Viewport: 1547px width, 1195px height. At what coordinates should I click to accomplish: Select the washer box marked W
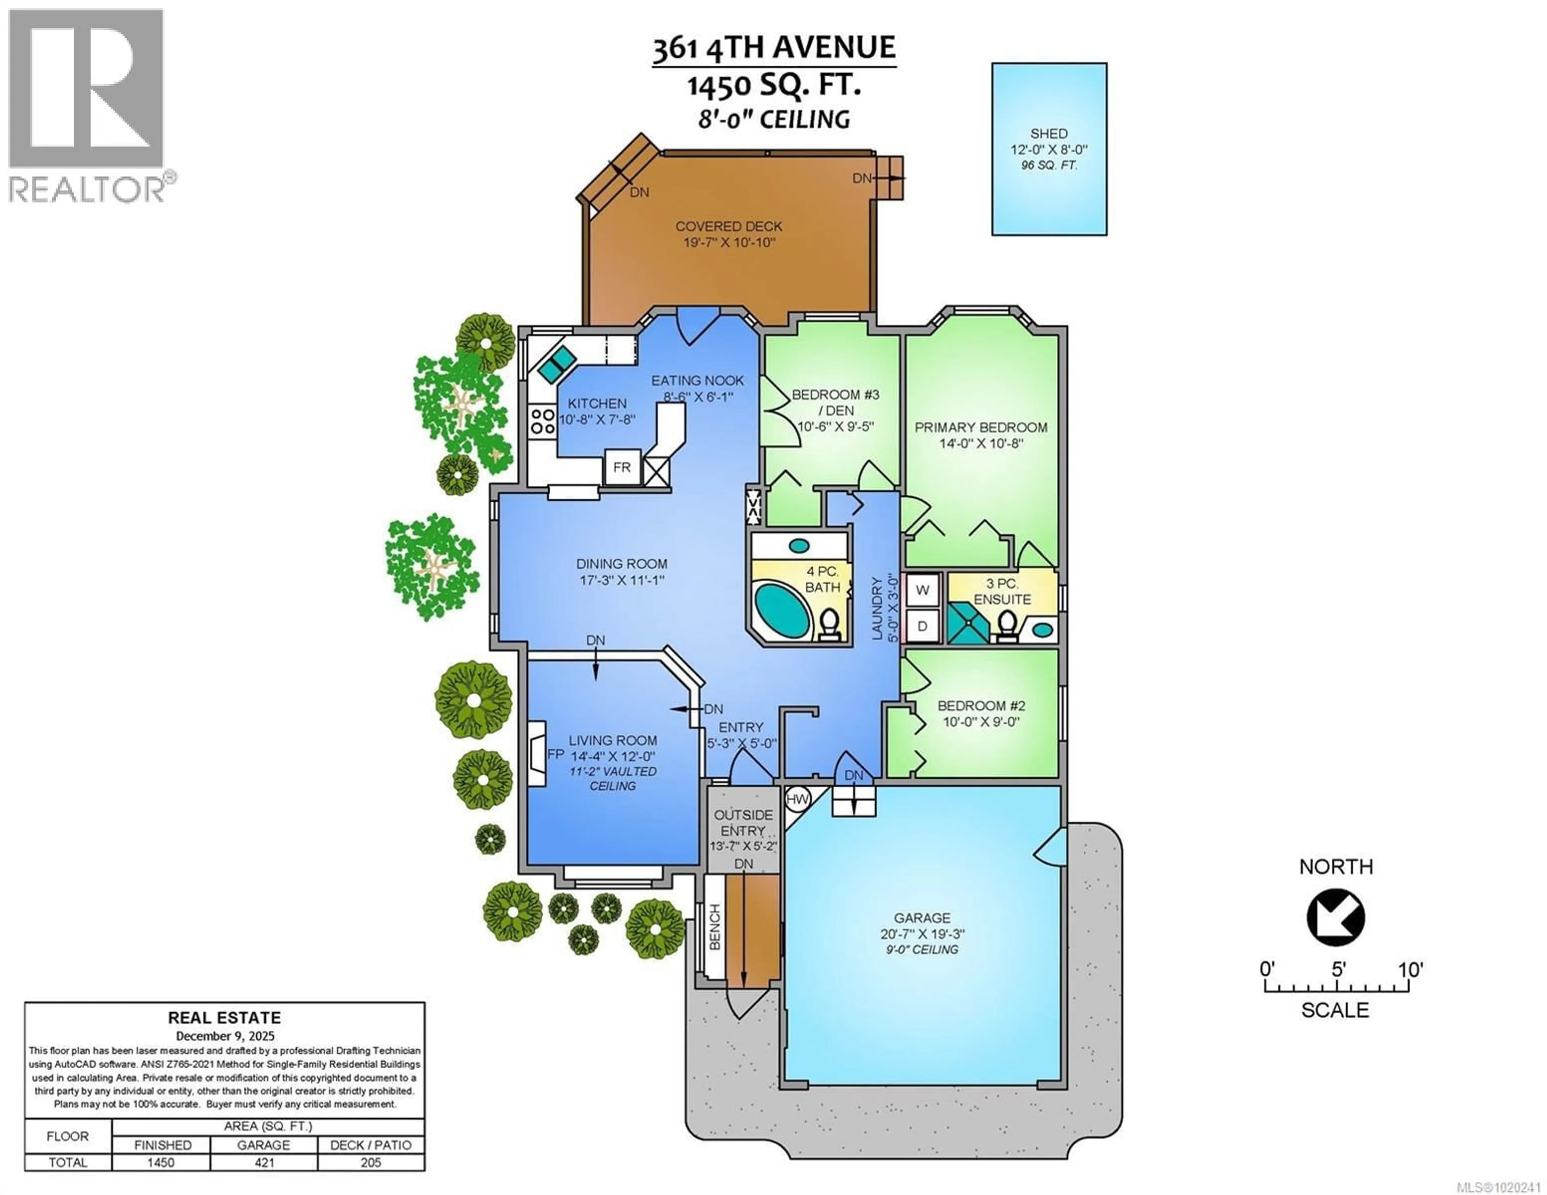coord(922,589)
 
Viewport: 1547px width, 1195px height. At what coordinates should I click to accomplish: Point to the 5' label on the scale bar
coord(1338,970)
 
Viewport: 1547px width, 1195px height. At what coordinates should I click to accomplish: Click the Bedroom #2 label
coord(981,706)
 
